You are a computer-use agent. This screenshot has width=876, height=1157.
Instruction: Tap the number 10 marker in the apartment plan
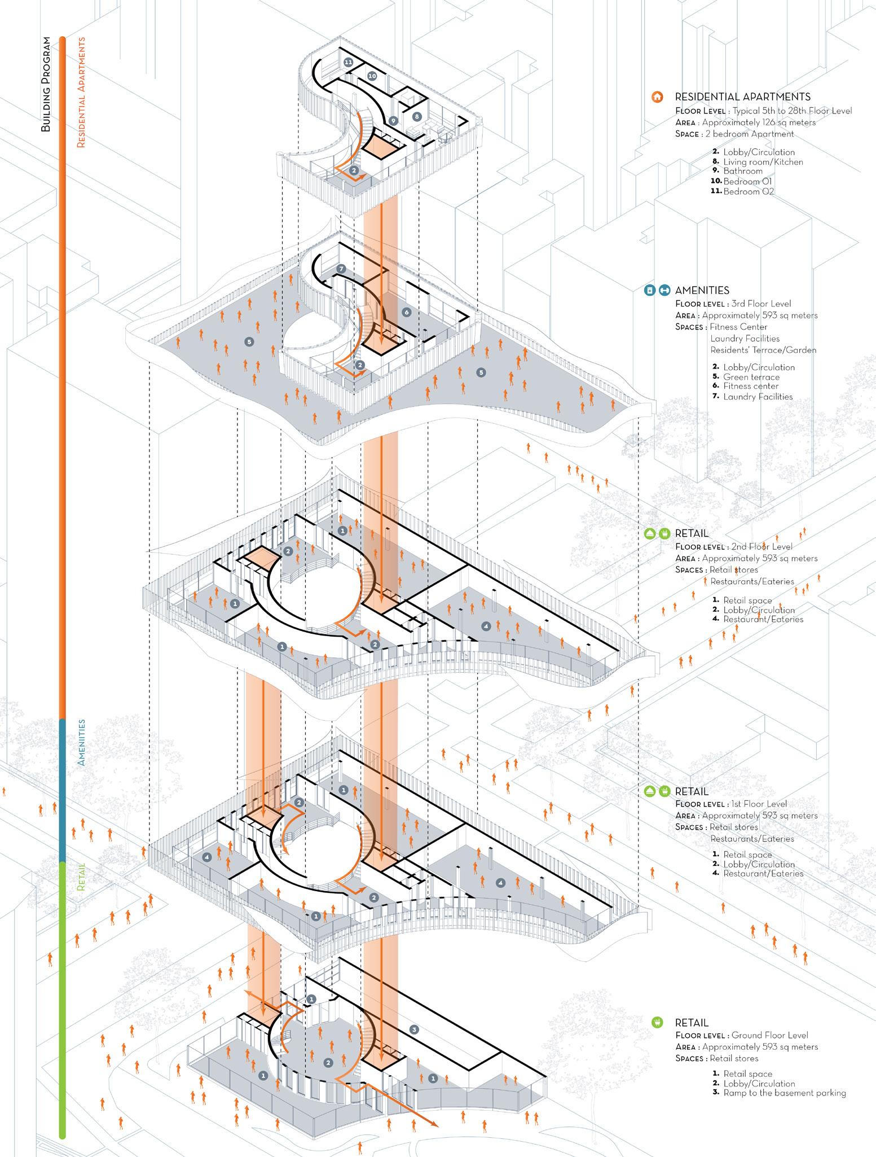click(372, 76)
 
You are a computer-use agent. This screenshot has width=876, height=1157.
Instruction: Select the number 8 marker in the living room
click(417, 117)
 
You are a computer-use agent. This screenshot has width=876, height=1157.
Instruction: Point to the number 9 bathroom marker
click(393, 120)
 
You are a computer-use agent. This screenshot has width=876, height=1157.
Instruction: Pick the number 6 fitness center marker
click(406, 312)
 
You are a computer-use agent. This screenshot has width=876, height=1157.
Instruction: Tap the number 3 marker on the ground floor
click(414, 1029)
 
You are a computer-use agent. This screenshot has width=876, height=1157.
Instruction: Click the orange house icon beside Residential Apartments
click(656, 97)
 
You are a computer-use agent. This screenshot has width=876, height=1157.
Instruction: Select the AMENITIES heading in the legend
click(702, 290)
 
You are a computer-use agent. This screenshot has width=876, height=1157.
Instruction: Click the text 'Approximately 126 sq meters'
click(759, 122)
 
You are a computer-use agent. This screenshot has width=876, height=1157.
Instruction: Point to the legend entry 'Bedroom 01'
click(747, 181)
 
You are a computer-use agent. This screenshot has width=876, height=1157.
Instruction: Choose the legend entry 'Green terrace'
click(751, 377)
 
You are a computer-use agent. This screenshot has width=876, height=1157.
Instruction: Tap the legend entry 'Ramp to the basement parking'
click(785, 1093)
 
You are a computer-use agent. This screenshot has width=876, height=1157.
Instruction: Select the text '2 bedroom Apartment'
click(750, 134)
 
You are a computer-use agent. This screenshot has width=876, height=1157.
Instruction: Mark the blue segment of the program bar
click(63, 790)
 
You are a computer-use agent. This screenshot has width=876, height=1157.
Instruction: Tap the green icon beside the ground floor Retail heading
click(656, 1022)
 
